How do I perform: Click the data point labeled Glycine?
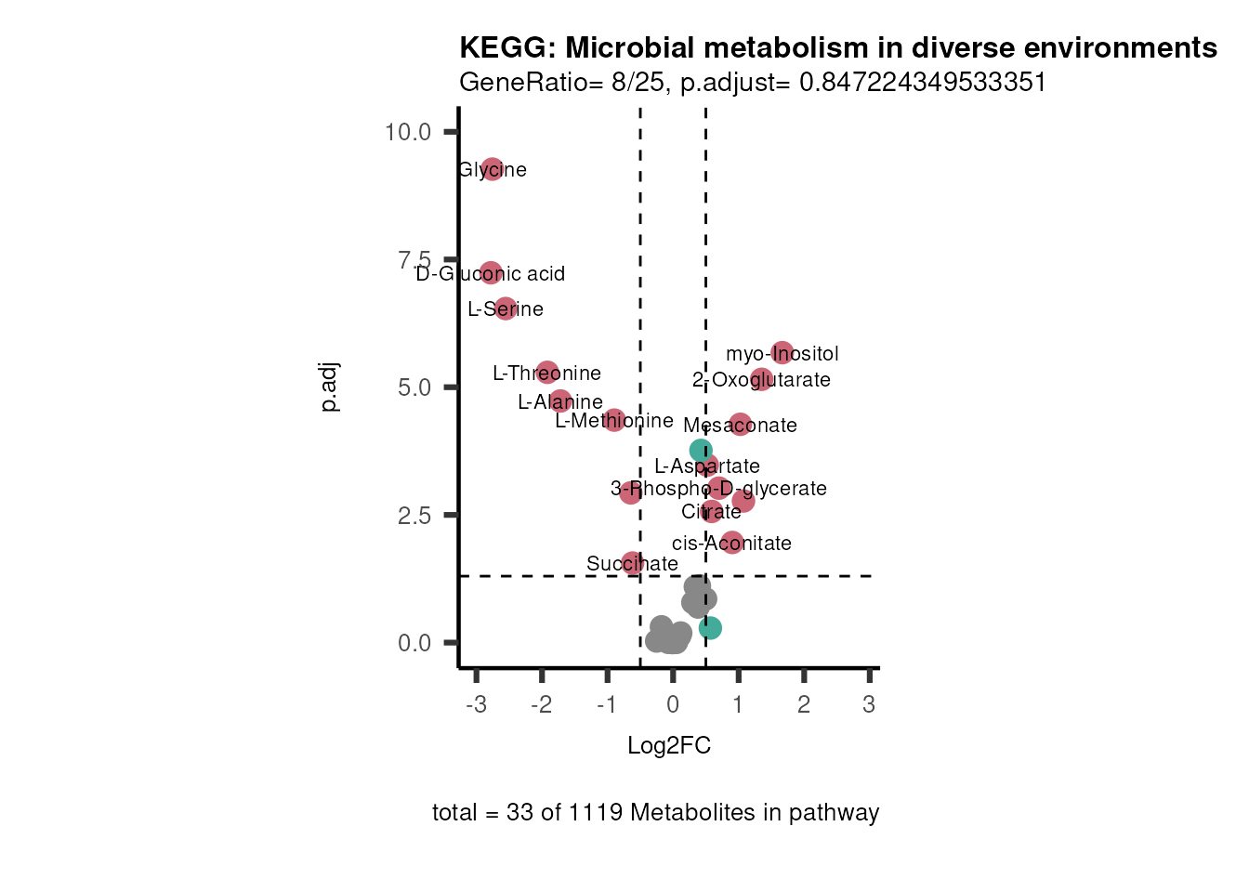coord(492,169)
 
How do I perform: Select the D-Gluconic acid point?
coord(491,273)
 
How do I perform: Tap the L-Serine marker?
coord(505,308)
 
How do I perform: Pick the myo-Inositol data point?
coord(782,353)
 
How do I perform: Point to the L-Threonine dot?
coord(547,373)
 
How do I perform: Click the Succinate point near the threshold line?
coord(633,563)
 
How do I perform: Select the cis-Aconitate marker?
coord(732,543)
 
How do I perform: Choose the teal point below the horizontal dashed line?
coord(710,628)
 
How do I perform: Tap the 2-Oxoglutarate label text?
coord(761,380)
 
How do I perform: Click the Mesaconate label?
coord(740,426)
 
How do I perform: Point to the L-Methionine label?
coord(614,421)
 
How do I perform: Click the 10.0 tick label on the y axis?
coord(408,132)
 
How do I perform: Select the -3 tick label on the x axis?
coord(476,705)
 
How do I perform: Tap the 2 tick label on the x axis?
coord(804,705)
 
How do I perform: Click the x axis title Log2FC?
coord(669,746)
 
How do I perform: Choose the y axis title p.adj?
coord(329,387)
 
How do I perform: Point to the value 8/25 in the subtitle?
coord(638,83)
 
